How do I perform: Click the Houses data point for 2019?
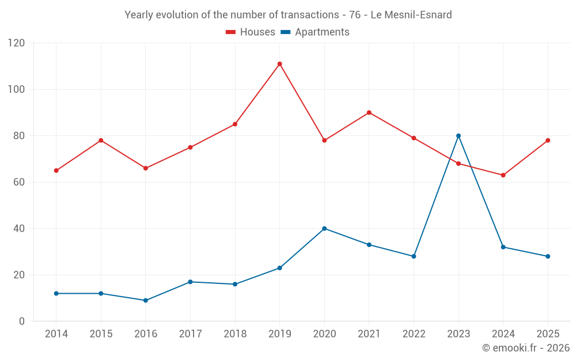[279, 64]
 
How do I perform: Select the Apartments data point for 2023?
[458, 136]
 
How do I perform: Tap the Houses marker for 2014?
[56, 170]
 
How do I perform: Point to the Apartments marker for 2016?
[146, 301]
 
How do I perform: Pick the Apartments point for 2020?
[324, 229]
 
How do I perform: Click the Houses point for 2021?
[369, 113]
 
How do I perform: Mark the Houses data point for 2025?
[548, 141]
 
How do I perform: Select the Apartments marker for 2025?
[548, 256]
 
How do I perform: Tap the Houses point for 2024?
[503, 175]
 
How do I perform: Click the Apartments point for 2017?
[190, 282]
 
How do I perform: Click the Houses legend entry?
[251, 32]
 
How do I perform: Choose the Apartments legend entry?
[315, 32]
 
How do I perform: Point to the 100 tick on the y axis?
[16, 89]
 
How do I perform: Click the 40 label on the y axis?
[19, 229]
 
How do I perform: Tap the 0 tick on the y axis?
[22, 321]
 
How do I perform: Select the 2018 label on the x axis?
[235, 334]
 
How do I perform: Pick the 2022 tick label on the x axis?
[414, 334]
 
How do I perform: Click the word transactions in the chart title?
[310, 15]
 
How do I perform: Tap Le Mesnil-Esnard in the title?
[411, 15]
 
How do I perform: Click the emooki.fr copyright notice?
[526, 347]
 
